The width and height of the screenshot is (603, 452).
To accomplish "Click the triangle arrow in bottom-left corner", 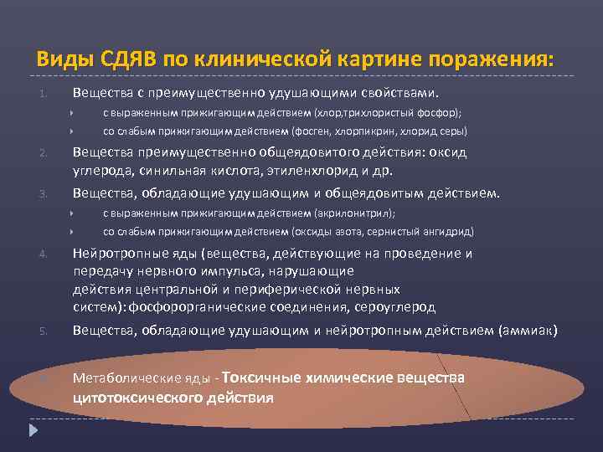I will coord(34,432).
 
